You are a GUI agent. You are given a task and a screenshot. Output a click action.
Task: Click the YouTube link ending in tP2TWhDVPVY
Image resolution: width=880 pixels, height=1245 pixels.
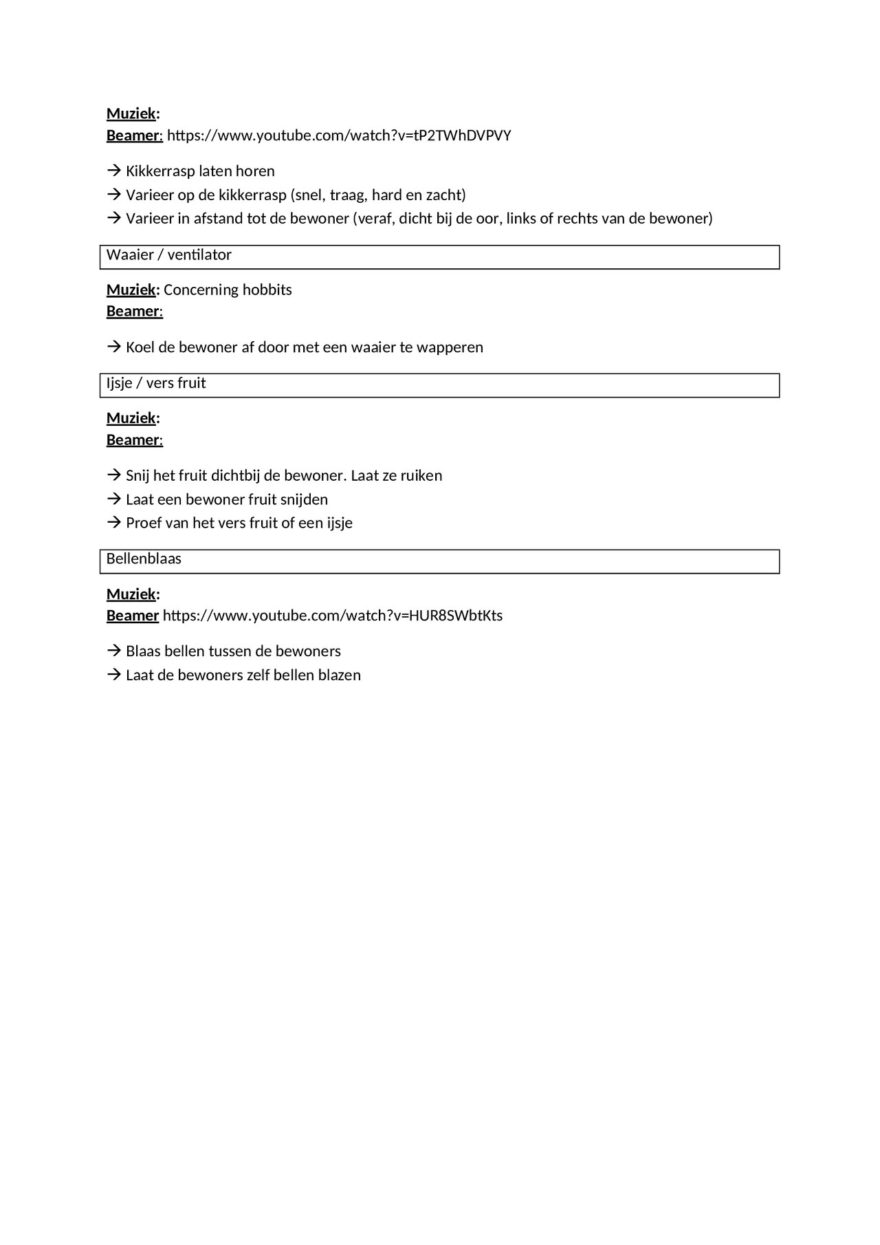click(339, 136)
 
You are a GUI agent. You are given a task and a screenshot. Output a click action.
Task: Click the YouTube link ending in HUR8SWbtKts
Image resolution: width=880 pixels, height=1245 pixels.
click(333, 616)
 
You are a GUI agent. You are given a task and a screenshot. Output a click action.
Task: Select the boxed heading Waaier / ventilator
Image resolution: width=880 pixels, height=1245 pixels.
click(169, 255)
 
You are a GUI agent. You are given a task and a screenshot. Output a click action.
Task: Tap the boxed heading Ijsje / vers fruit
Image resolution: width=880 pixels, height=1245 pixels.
click(156, 383)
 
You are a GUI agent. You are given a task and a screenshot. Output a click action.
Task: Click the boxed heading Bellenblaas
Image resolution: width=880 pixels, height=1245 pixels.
click(144, 559)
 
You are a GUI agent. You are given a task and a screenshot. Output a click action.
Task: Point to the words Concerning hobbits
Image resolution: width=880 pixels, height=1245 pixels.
click(228, 290)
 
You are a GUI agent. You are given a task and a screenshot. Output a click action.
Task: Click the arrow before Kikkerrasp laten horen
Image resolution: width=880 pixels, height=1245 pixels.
click(113, 171)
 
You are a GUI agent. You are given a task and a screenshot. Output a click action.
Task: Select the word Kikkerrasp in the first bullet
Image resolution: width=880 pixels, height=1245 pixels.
click(160, 171)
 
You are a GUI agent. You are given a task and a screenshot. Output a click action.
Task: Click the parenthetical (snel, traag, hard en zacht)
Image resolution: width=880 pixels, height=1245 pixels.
click(378, 195)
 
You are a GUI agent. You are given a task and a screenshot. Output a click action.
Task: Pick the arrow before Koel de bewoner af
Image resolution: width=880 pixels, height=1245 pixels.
click(113, 347)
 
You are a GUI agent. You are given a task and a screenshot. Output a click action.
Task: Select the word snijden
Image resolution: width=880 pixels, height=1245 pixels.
click(305, 499)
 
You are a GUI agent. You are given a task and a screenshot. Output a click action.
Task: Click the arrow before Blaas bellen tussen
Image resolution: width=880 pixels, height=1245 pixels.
click(113, 651)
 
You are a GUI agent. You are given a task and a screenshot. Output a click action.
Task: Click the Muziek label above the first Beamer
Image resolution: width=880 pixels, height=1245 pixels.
click(131, 113)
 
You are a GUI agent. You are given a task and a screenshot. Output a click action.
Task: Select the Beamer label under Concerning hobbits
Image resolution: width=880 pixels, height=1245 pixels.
click(133, 312)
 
